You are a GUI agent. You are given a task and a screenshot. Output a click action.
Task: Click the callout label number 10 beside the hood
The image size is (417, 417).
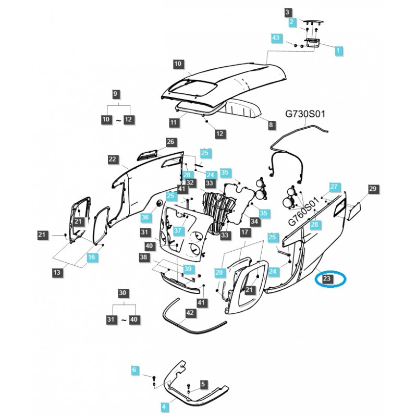177,64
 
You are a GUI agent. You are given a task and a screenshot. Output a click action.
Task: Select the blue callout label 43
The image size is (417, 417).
276,38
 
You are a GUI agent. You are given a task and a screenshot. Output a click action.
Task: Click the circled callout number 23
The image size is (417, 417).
327,279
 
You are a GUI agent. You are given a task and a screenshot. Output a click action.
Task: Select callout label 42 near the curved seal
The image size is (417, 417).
190,313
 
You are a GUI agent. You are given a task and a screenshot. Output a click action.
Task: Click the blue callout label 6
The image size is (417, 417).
136,370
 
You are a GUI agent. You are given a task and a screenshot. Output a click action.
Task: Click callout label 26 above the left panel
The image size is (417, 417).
170,141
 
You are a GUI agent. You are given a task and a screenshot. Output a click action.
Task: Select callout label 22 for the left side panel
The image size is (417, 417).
112,160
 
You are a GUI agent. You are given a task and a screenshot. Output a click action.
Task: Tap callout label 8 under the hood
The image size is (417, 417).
271,125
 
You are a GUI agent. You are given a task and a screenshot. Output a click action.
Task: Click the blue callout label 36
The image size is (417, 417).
145,217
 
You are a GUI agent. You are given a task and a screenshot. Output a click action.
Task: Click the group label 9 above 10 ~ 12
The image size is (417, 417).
116,94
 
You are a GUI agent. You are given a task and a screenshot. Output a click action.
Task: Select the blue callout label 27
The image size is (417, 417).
334,186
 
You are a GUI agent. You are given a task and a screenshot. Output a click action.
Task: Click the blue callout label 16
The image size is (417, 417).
92,257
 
